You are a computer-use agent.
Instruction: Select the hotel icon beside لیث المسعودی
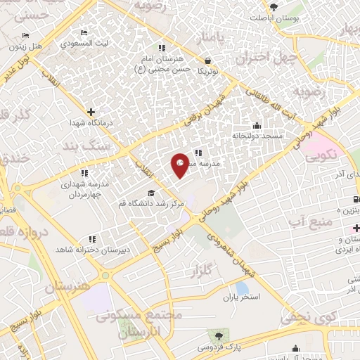pos(84,33)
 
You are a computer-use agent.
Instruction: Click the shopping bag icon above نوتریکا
pos(207,60)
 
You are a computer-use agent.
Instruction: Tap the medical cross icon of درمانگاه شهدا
pos(91,111)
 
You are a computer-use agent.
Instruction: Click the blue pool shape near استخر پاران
pos(242,288)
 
